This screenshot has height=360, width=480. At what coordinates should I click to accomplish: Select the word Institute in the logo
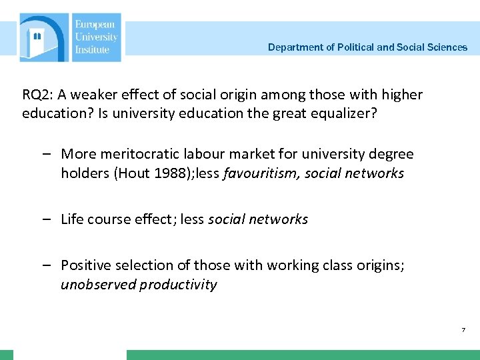click(93, 50)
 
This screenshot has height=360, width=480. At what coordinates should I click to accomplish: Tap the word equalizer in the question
click(344, 113)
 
